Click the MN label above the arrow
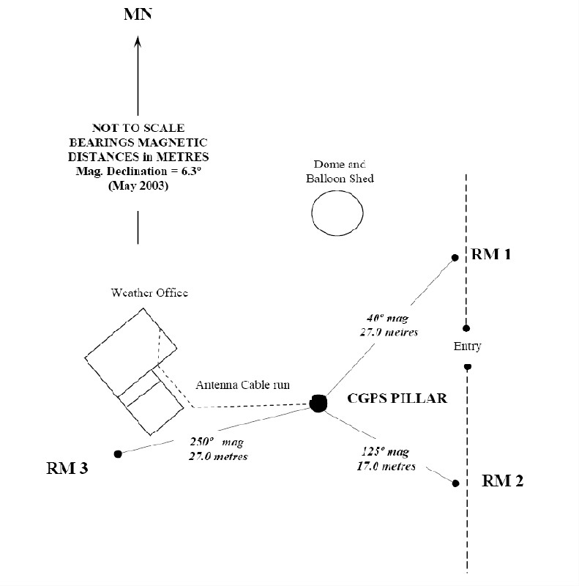click(138, 14)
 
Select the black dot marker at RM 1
click(455, 258)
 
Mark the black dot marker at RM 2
click(455, 483)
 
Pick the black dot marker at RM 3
click(118, 454)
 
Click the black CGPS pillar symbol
click(318, 404)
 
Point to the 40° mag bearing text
click(387, 319)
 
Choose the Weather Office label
click(149, 293)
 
